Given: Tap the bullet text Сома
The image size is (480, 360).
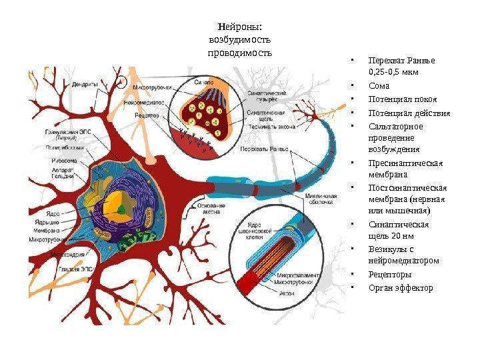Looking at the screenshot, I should (x=378, y=86).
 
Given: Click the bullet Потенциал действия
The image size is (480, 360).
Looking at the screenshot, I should (x=409, y=113).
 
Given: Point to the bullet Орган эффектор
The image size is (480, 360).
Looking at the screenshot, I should (x=401, y=287).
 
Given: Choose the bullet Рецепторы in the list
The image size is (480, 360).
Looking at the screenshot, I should (x=389, y=274).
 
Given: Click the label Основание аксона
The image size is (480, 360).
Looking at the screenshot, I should (x=212, y=210).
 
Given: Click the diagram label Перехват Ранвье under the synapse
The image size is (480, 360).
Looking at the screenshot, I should (x=260, y=149).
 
